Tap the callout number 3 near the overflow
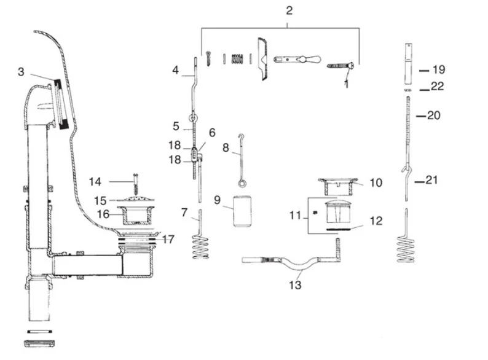[21, 72]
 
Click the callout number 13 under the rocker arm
[296, 285]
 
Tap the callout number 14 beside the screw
[95, 181]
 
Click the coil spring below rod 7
[202, 249]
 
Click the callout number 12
[376, 221]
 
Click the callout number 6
[212, 133]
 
